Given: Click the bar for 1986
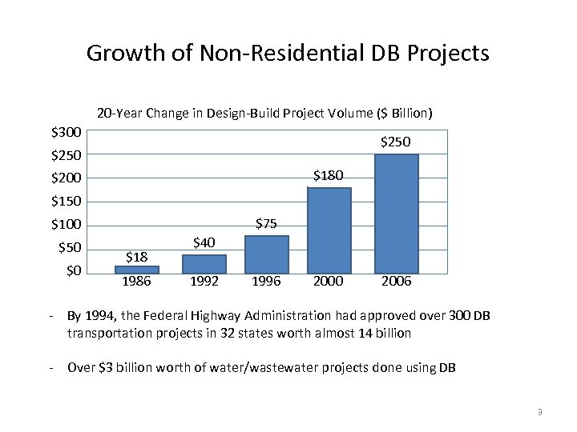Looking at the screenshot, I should [137, 270].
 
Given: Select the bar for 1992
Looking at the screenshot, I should [204, 264].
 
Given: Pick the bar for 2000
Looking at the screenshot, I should [329, 230].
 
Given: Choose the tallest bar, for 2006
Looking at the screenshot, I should [396, 214].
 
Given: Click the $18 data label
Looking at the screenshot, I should [137, 257].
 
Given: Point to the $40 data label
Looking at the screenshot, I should [204, 242].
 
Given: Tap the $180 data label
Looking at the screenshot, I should [329, 175].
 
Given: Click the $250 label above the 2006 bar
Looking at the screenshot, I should [396, 142].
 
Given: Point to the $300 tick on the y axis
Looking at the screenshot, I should [66, 131].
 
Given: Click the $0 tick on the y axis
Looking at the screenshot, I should [73, 270].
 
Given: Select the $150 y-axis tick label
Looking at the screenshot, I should [66, 201].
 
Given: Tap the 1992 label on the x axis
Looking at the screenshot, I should [204, 282].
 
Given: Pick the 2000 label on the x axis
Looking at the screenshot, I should [329, 282].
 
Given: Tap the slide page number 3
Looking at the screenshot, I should [540, 412].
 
